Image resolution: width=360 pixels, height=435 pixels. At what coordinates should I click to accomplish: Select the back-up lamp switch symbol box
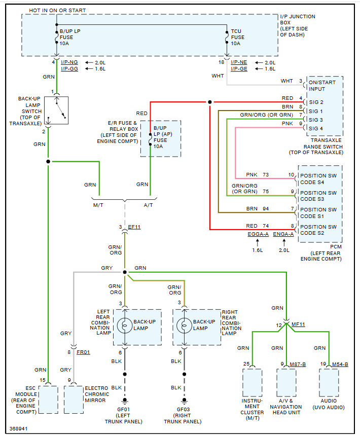click(x=57, y=110)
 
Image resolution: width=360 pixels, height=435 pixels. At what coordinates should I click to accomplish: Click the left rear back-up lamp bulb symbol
click(x=125, y=325)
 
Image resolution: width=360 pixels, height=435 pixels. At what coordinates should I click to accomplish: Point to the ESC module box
click(x=48, y=399)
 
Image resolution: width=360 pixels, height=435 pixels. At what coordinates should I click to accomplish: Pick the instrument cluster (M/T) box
click(x=253, y=383)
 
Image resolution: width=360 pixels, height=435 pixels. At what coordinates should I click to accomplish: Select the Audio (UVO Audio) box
click(x=329, y=383)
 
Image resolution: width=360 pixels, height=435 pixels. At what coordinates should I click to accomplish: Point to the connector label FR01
click(x=84, y=351)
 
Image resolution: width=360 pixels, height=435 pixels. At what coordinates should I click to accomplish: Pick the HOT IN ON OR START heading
click(x=57, y=10)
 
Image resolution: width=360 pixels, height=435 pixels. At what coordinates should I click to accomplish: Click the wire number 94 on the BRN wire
click(x=266, y=209)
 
